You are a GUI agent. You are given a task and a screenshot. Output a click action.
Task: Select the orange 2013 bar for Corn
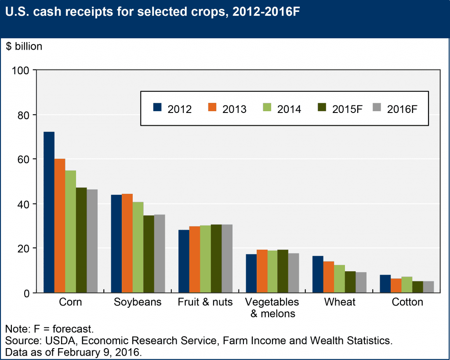(60, 225)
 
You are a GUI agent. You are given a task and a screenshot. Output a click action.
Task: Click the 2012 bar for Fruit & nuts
(183, 261)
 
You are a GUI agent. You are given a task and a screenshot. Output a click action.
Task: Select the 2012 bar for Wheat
(318, 274)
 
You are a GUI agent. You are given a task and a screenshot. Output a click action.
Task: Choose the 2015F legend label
(347, 109)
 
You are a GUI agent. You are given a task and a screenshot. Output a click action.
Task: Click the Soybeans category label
(138, 302)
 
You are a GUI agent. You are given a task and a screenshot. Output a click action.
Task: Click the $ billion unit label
(24, 47)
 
